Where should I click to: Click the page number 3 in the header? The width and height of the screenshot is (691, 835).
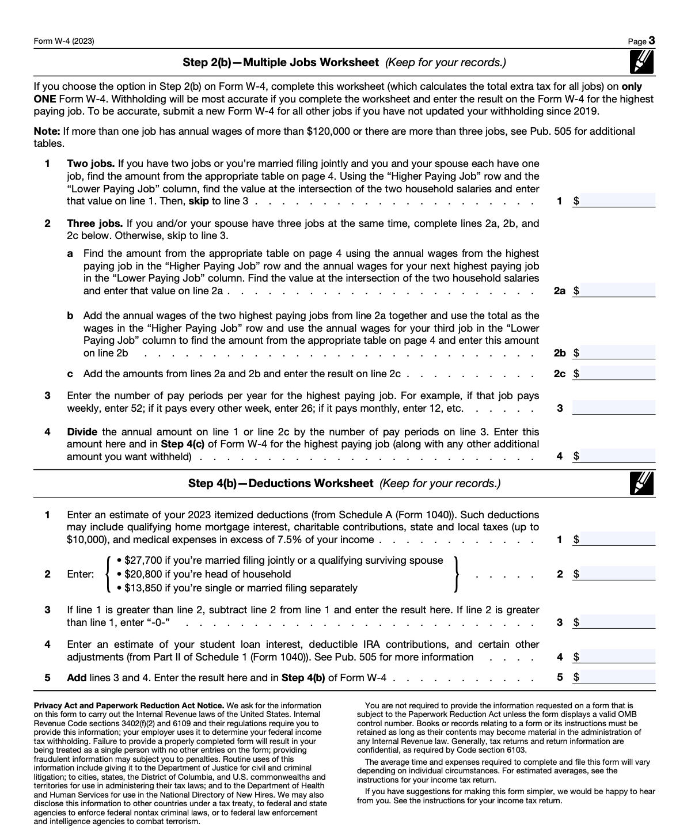651,41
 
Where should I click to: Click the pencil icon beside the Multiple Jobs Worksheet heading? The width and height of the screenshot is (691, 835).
643,62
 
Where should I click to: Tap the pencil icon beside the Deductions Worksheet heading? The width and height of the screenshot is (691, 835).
643,483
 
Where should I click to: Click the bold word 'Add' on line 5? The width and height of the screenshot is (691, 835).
77,678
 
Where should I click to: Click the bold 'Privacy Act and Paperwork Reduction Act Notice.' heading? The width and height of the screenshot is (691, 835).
128,705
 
